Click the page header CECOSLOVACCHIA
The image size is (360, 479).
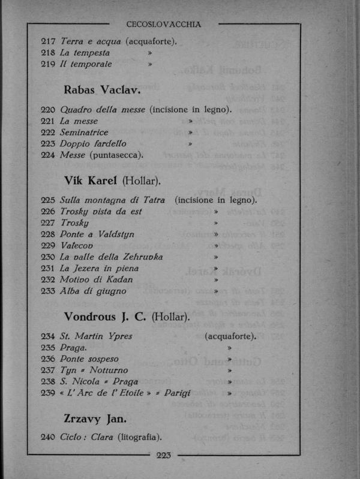click(x=163, y=25)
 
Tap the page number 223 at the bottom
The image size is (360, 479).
click(x=164, y=455)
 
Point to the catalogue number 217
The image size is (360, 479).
click(x=48, y=41)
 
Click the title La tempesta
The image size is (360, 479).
click(x=85, y=53)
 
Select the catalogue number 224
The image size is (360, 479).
click(x=48, y=155)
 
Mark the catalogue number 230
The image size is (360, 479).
click(x=48, y=257)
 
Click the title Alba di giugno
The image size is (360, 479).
click(x=93, y=291)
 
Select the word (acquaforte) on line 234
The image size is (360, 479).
click(x=230, y=336)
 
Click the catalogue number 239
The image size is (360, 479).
click(x=48, y=393)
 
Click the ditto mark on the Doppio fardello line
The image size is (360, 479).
click(x=190, y=144)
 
